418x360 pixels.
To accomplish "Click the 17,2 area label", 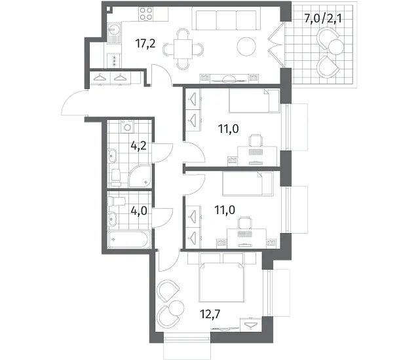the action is [x=145, y=43].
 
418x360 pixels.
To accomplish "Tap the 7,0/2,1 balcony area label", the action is [x=323, y=19].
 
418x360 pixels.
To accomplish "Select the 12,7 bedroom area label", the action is [x=210, y=314].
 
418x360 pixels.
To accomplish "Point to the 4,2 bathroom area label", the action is [x=138, y=146].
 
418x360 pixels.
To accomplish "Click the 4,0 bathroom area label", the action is [x=139, y=211].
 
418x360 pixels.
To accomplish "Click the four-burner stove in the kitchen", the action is [x=146, y=14].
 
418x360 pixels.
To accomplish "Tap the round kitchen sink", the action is [x=115, y=29].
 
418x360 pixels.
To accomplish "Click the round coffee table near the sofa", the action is [x=246, y=46].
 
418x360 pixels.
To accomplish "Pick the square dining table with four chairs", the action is [x=183, y=49].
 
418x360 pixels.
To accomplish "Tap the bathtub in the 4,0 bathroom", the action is [x=129, y=240].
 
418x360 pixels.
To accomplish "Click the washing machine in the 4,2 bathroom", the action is [x=128, y=126].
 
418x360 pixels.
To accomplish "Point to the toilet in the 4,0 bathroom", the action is [x=117, y=201].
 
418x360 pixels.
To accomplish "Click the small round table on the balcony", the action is [x=336, y=47].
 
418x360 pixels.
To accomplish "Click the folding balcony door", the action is [x=276, y=45].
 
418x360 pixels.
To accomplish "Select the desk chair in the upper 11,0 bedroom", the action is [x=256, y=140].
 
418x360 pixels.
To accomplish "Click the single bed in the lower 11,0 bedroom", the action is [x=248, y=183].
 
